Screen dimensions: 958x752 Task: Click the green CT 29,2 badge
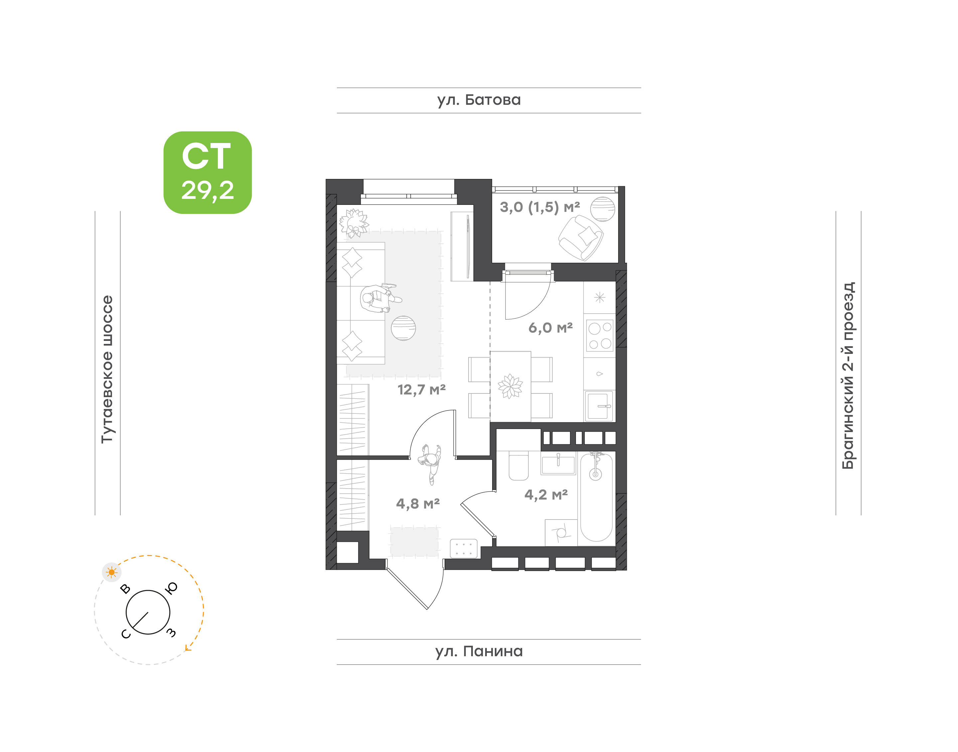(207, 173)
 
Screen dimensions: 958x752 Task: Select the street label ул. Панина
(479, 651)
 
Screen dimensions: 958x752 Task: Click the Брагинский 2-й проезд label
(848, 376)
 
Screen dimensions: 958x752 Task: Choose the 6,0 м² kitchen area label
(550, 328)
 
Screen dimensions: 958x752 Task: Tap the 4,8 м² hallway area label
(418, 503)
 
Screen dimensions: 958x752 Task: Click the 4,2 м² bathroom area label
(546, 495)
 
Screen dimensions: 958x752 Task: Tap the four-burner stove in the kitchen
(600, 336)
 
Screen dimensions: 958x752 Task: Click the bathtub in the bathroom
(596, 498)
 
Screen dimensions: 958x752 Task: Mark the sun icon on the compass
(112, 572)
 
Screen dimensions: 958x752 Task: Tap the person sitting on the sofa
(379, 298)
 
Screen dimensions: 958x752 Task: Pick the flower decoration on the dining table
(510, 386)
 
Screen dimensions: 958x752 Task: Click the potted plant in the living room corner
(354, 223)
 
